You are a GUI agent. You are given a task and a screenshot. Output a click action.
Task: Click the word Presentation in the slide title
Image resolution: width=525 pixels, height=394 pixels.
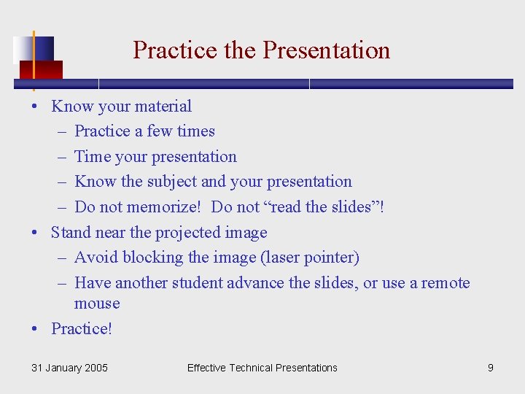point(326,50)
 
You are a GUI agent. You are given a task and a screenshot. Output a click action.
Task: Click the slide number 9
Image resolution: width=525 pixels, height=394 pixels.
point(491,368)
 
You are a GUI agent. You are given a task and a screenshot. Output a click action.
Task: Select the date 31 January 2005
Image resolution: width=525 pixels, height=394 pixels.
point(69,368)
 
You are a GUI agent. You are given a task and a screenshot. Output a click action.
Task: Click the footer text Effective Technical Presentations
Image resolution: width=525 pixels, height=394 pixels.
point(262,368)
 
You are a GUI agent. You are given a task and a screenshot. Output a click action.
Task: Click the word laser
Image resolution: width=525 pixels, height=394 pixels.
point(275,258)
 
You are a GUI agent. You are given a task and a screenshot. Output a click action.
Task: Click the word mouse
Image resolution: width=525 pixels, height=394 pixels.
point(97,303)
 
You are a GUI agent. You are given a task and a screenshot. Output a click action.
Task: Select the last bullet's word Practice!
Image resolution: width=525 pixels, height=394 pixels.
point(82,328)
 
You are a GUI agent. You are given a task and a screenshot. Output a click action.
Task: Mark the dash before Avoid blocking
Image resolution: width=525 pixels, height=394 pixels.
point(60,258)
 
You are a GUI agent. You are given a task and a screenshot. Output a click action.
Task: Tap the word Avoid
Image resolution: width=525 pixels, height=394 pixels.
point(96,258)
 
